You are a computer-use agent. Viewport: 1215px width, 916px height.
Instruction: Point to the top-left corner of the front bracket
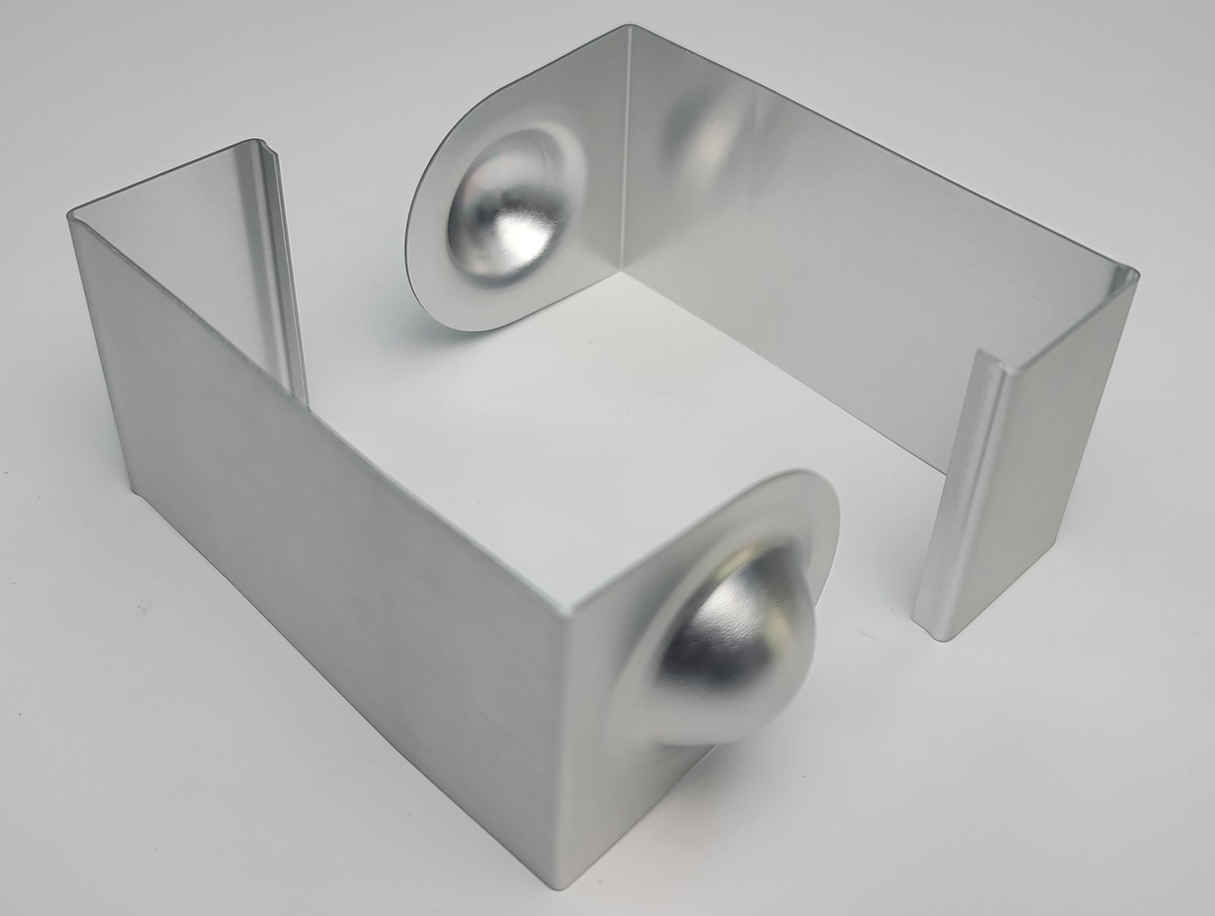pos(70,215)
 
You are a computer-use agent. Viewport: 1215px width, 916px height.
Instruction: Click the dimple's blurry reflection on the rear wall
pos(713,135)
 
